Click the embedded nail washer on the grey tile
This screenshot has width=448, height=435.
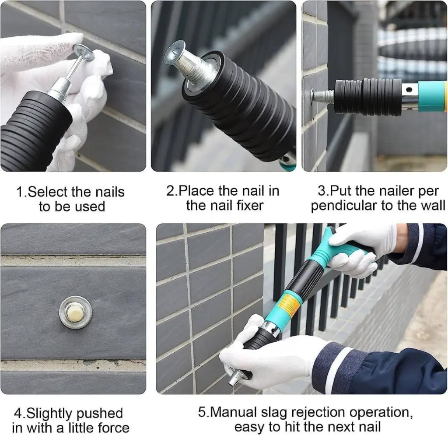(x=75, y=312)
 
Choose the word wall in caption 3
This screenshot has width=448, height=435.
(x=431, y=206)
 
